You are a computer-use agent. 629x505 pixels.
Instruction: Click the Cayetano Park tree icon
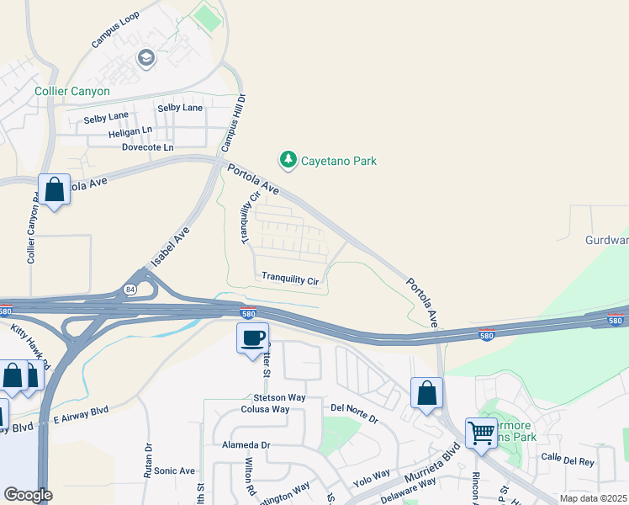click(x=288, y=160)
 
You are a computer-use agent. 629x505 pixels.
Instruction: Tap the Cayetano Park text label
click(x=339, y=161)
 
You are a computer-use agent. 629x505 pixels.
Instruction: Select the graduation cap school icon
click(x=145, y=58)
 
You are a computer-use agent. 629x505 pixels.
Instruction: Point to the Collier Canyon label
click(x=72, y=91)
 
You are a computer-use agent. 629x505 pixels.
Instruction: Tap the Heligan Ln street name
click(x=130, y=131)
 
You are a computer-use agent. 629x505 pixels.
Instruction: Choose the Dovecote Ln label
click(x=147, y=147)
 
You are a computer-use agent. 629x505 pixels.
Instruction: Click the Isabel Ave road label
click(x=171, y=245)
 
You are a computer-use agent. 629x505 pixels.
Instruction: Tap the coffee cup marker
click(x=252, y=338)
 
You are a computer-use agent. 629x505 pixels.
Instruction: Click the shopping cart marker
click(x=481, y=433)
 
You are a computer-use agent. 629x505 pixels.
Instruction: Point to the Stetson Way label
click(x=279, y=396)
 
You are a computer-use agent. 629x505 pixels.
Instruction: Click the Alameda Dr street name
click(x=246, y=444)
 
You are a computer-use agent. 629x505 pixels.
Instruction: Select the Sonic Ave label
click(x=174, y=471)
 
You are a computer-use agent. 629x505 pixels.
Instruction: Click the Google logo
click(x=28, y=495)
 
